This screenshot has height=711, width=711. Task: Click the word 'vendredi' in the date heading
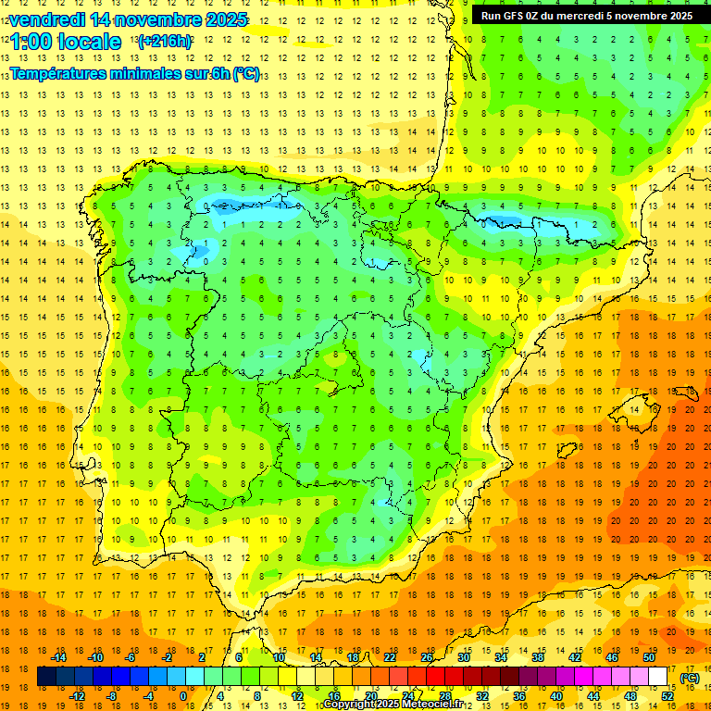(47, 19)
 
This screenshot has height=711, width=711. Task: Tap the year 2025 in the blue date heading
(225, 19)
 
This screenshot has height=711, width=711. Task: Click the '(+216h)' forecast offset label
(165, 41)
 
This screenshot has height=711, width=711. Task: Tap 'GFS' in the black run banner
(516, 16)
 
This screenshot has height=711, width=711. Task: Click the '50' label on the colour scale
(649, 657)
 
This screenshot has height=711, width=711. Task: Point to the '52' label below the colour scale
(667, 696)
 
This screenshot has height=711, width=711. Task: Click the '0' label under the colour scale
(183, 696)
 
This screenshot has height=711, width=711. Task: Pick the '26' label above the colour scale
(427, 657)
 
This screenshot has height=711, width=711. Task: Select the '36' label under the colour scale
(519, 696)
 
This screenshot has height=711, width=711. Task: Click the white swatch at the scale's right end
(658, 677)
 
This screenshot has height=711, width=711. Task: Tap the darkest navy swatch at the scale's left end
(46, 677)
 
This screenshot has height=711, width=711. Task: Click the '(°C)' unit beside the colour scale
(689, 678)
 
